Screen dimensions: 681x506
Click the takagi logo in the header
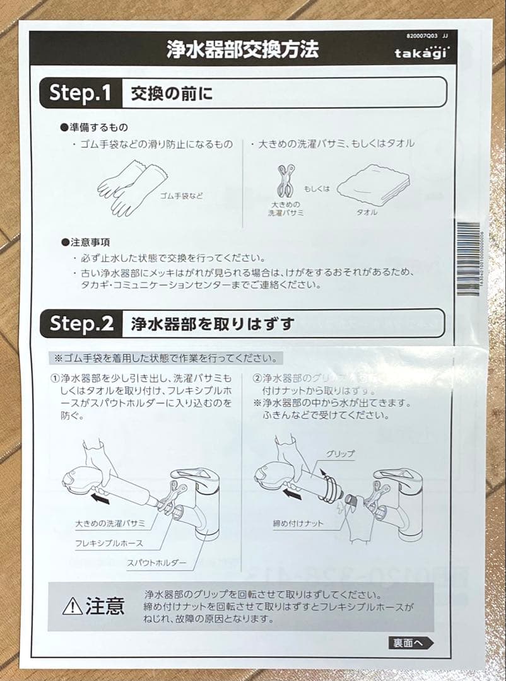[421, 53]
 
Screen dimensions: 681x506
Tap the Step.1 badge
[80, 93]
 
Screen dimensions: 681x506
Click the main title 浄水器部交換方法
[242, 49]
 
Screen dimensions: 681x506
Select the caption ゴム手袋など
[182, 196]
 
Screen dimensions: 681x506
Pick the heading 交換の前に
[172, 94]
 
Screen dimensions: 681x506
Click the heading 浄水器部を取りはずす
[213, 324]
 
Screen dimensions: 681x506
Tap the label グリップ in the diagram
[340, 453]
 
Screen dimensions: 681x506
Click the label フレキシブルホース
[109, 543]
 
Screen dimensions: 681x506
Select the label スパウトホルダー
[156, 562]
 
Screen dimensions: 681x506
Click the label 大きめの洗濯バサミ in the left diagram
[110, 523]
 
